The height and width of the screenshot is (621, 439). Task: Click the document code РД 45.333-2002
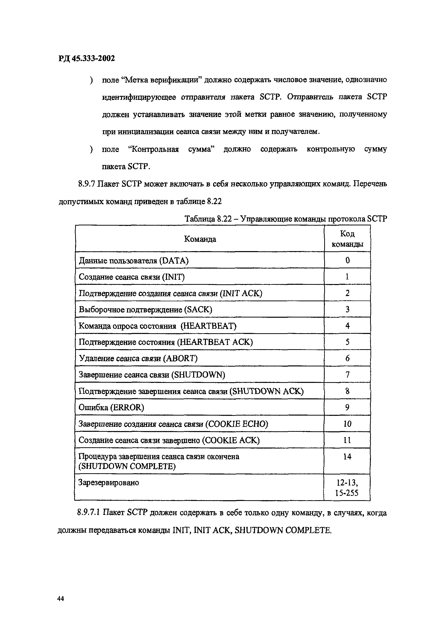click(x=87, y=58)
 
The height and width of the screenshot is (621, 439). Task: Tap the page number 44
click(x=61, y=599)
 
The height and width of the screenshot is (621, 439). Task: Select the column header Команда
click(x=200, y=239)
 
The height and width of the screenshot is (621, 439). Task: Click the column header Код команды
click(x=347, y=239)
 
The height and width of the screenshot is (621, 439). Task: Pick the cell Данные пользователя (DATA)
click(x=134, y=261)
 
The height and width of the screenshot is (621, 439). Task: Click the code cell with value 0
click(x=347, y=260)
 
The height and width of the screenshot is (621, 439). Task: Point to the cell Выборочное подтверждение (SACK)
click(x=145, y=310)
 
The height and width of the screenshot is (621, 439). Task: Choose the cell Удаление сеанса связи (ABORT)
click(x=138, y=358)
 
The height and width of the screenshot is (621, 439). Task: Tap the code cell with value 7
click(x=347, y=375)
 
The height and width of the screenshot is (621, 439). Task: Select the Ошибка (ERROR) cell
click(x=111, y=407)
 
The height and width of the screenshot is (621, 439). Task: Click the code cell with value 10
click(x=347, y=424)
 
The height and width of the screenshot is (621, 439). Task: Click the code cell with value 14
click(x=347, y=457)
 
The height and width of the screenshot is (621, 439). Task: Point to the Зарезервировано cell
click(x=109, y=482)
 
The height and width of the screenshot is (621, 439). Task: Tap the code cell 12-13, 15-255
click(x=347, y=488)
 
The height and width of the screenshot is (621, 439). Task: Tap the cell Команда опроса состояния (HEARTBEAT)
click(x=157, y=326)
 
